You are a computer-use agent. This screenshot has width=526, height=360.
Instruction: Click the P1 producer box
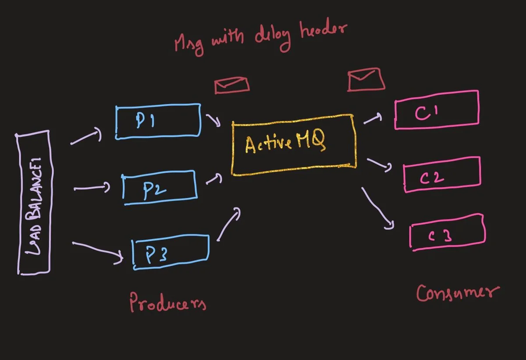click(158, 121)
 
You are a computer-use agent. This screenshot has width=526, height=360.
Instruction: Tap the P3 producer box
click(171, 253)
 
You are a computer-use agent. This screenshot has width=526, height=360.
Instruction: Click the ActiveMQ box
click(293, 145)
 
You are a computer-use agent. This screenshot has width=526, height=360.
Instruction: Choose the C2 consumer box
click(442, 175)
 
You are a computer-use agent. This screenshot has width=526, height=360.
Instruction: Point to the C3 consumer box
click(448, 232)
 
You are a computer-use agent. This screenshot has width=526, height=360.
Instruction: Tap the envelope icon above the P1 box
click(232, 85)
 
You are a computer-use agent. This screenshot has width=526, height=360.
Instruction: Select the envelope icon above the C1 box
click(366, 80)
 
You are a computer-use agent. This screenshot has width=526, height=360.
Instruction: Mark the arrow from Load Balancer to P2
click(92, 188)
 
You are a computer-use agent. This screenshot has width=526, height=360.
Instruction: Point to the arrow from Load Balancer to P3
click(97, 251)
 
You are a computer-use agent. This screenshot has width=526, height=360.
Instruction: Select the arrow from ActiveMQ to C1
click(373, 118)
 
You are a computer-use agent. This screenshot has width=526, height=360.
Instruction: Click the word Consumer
click(457, 292)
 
